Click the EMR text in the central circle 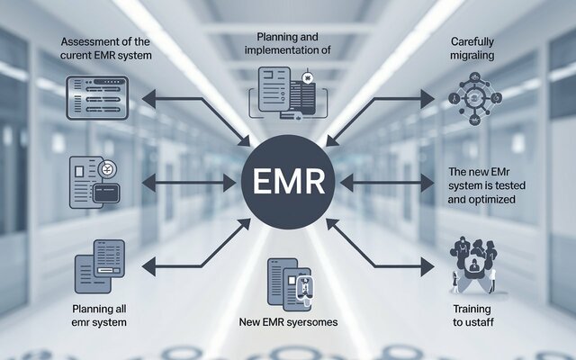[289, 182]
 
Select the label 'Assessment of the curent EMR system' [106, 49]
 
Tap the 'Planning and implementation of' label [288, 43]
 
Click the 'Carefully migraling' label [472, 49]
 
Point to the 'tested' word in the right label [509, 185]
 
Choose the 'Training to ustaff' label [472, 316]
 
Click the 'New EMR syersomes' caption [288, 322]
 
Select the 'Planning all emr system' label [99, 316]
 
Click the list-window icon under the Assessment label [97, 98]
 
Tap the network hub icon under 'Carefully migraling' [474, 98]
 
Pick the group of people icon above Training [473, 265]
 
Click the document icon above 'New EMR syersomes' [290, 284]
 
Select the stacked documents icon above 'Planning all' [100, 266]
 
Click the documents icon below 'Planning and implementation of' [288, 93]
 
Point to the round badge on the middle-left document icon [107, 169]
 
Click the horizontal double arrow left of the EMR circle [189, 183]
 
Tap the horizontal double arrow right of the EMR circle [387, 183]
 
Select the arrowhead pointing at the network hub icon [427, 99]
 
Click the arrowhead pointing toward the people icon [427, 266]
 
